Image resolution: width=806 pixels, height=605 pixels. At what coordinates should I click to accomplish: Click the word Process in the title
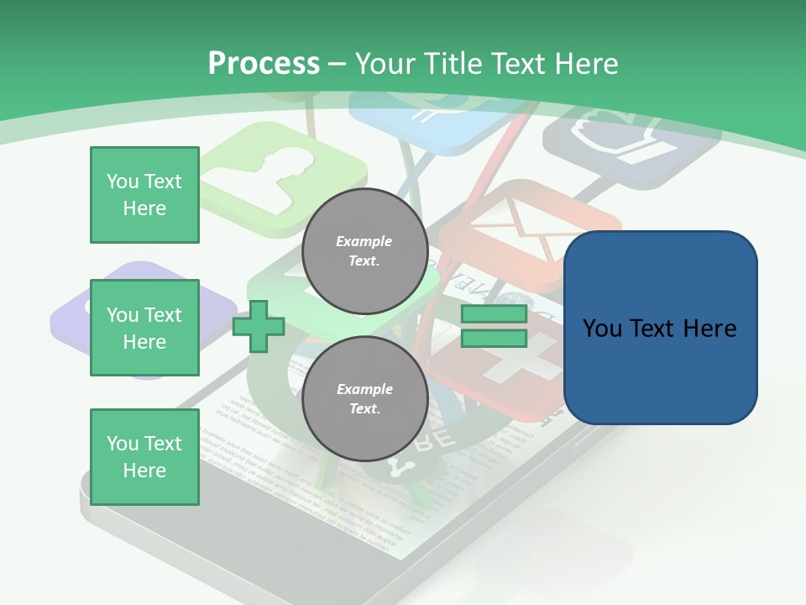click(264, 64)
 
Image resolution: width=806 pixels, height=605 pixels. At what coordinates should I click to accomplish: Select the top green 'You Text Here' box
click(144, 195)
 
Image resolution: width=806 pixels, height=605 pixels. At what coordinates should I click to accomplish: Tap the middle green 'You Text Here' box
click(144, 328)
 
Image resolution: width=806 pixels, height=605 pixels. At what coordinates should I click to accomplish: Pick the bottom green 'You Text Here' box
click(144, 457)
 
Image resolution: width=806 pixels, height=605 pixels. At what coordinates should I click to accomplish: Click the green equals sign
click(494, 326)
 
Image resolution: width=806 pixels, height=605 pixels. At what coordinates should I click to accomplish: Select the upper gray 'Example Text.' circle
click(365, 250)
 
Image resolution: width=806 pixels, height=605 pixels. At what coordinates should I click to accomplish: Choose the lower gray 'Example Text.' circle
click(365, 398)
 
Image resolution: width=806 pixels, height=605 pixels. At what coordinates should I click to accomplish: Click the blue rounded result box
click(660, 328)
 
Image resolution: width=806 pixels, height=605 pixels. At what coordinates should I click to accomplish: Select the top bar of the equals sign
click(494, 314)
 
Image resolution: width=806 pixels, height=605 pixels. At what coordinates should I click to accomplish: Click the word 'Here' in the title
click(585, 64)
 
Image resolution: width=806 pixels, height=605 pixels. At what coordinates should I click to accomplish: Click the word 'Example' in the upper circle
click(364, 241)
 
